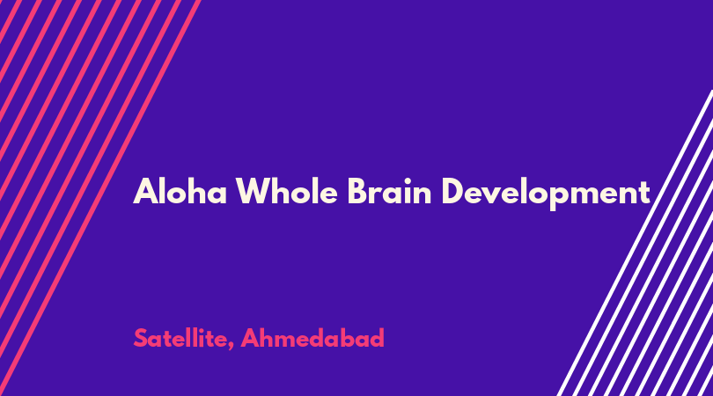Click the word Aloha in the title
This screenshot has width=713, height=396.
[180, 191]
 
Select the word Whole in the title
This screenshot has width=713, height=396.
[286, 191]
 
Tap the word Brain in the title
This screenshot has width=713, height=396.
[389, 191]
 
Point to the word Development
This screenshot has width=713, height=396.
[546, 194]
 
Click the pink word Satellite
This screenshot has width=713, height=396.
[180, 338]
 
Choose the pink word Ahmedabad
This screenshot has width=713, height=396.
[312, 338]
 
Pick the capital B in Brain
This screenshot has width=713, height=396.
[357, 191]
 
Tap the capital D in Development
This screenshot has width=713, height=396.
[452, 191]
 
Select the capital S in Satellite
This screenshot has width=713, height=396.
[141, 338]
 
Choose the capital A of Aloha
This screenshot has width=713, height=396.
[144, 191]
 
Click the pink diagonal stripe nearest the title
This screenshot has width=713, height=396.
[100, 198]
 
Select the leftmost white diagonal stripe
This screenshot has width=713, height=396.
[635, 243]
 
